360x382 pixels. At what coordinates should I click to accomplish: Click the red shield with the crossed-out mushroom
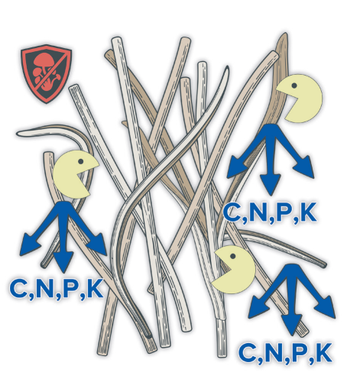[46, 74]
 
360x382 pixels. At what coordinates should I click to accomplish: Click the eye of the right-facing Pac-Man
[81, 161]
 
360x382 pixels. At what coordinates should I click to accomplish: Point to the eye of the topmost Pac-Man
[294, 86]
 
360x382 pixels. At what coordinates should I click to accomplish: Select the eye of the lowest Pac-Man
[232, 256]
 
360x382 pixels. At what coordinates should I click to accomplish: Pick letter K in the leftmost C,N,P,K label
[95, 289]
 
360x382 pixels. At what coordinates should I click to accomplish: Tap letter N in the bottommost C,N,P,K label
[275, 353]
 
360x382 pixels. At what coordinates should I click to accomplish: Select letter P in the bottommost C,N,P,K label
[301, 353]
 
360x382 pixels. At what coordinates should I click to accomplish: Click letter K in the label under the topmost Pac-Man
[309, 212]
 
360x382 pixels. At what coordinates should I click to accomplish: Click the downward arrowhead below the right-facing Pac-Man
[63, 261]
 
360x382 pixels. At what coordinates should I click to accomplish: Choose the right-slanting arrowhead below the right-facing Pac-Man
[98, 244]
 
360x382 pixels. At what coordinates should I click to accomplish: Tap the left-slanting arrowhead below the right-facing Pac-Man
[29, 244]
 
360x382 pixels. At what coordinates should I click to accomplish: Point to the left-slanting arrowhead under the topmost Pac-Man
[236, 167]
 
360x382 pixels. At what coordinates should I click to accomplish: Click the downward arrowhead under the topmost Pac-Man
[271, 184]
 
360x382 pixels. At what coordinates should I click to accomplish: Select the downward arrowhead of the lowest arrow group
[292, 324]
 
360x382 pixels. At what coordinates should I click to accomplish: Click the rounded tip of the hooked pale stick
[18, 133]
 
